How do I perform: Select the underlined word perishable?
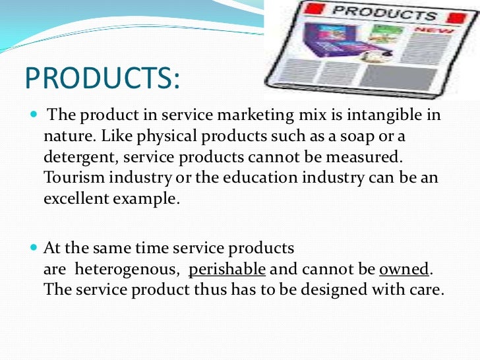click(x=227, y=270)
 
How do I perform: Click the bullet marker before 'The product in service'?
click(x=34, y=115)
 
